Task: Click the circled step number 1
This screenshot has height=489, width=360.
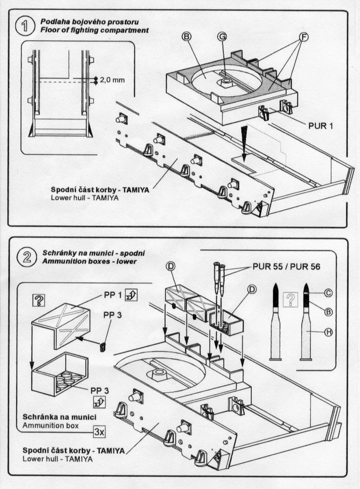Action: pos(23,26)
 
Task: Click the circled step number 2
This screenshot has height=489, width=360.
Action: pos(23,257)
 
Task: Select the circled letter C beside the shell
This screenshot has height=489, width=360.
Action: pos(328,293)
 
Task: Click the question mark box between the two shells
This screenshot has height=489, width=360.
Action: pos(292,299)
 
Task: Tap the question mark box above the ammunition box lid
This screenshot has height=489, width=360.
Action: pos(38,300)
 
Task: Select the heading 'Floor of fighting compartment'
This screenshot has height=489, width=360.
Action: pos(94,30)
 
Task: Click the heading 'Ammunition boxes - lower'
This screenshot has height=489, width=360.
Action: pos(88,262)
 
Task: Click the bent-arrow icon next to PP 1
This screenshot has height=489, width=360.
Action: pos(131,295)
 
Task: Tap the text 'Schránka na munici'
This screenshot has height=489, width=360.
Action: pos(59,417)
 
